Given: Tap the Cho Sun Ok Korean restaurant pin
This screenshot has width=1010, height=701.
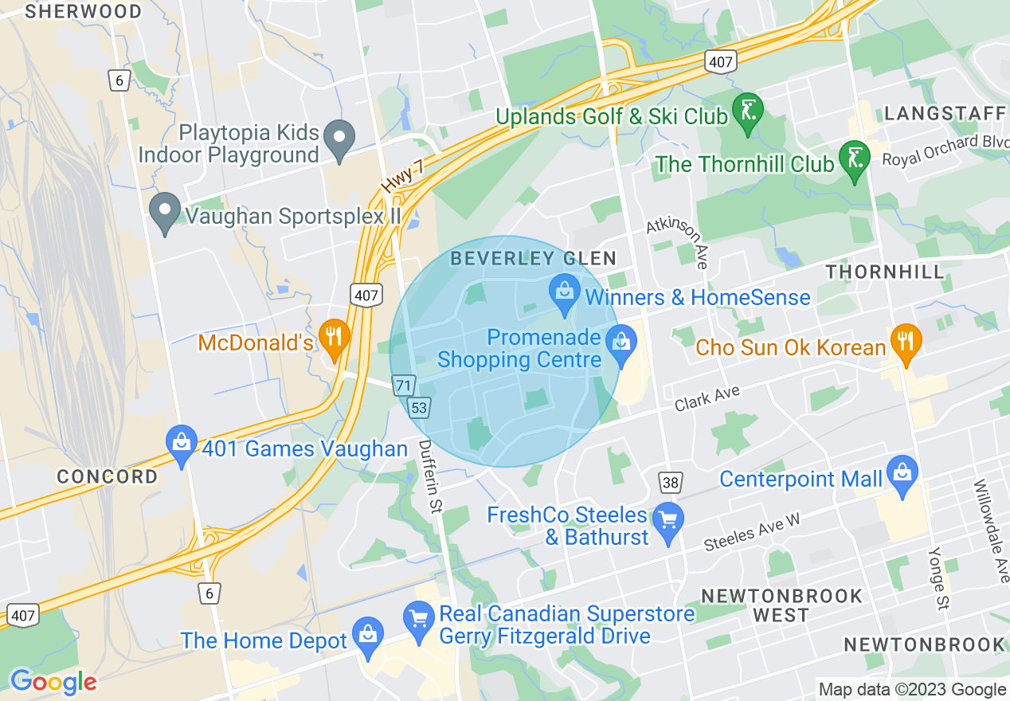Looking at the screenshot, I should [906, 342].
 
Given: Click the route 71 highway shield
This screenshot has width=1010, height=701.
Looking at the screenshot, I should [404, 386].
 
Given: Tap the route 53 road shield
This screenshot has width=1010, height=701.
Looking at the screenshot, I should [419, 408].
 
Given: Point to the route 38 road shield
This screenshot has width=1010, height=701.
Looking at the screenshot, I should [671, 481].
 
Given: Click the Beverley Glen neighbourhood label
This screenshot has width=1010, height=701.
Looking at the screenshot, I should [533, 258].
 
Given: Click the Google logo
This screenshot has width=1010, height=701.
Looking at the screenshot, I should [53, 682].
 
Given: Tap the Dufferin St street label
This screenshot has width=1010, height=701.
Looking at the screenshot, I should [430, 476].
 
